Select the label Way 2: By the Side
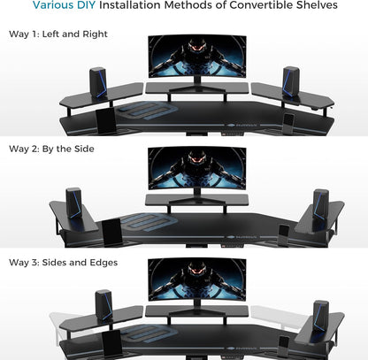click(51, 149)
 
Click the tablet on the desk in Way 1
click(103, 117)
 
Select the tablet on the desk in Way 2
click(112, 232)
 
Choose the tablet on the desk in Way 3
click(111, 342)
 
